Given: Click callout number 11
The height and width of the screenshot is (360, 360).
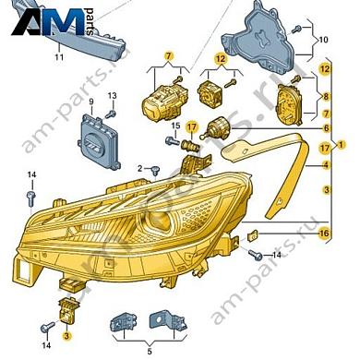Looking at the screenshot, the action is pyautogui.click(x=58, y=57).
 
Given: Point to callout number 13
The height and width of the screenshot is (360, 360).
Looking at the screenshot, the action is pyautogui.click(x=114, y=96).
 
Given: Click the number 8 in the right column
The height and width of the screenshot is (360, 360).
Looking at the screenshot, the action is pyautogui.click(x=326, y=95).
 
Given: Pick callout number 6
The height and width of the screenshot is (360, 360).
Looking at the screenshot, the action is pyautogui.click(x=326, y=127).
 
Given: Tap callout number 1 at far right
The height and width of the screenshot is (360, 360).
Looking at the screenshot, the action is pyautogui.click(x=343, y=145).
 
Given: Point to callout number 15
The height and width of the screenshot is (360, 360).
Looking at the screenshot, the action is pyautogui.click(x=175, y=126).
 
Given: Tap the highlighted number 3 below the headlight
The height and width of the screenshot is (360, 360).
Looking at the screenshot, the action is pyautogui.click(x=66, y=338).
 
